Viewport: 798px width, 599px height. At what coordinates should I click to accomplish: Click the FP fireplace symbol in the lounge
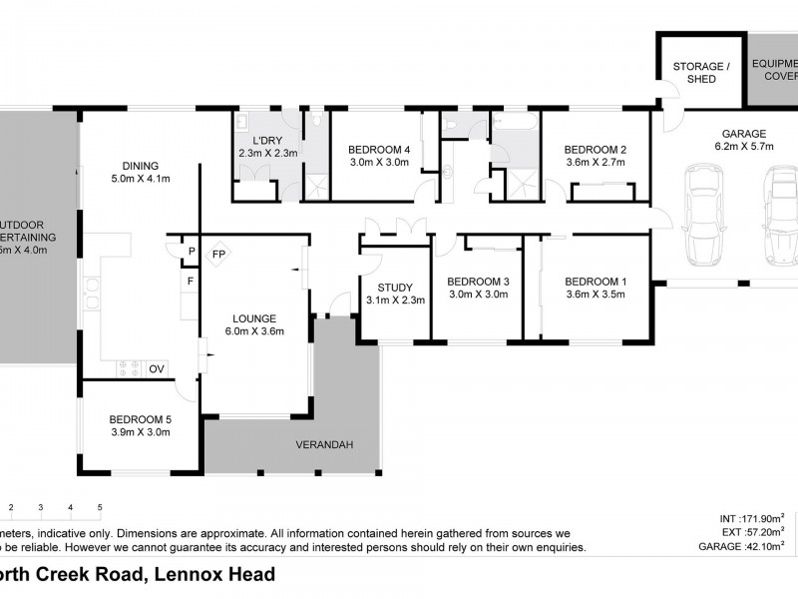(x=217, y=255)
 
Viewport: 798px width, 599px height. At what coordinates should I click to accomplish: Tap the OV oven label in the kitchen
(x=157, y=368)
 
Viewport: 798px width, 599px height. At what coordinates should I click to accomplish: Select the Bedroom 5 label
(x=140, y=419)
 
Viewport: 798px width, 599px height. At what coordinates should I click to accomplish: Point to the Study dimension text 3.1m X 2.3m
(x=396, y=299)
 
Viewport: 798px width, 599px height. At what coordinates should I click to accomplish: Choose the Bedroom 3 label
(x=478, y=281)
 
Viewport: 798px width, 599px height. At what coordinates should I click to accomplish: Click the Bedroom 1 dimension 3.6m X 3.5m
(x=595, y=295)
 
